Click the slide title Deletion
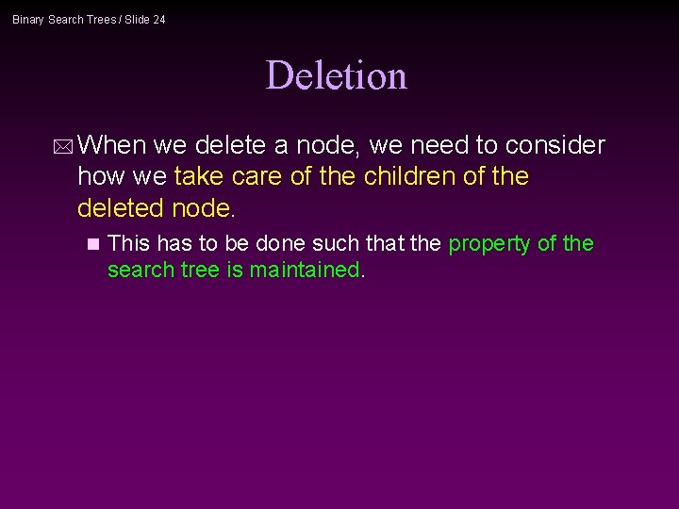(x=336, y=75)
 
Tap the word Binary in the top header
(x=28, y=20)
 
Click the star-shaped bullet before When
(x=62, y=146)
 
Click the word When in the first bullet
(x=112, y=145)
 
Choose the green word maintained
(x=305, y=270)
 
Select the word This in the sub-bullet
(x=129, y=243)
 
